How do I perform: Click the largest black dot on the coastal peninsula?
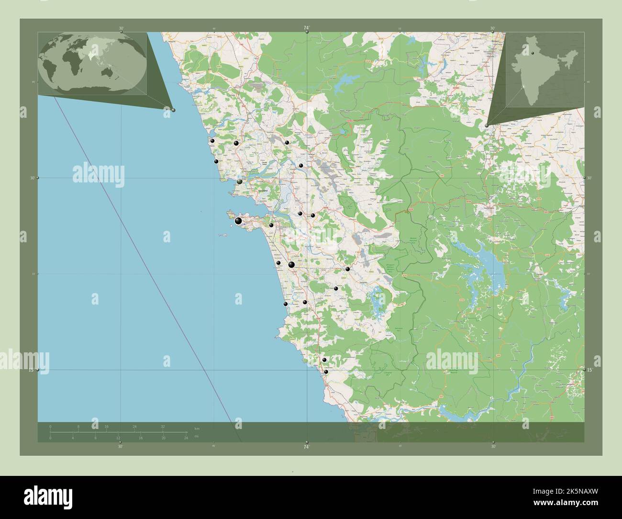[x=238, y=221]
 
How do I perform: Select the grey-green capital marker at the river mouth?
[x=240, y=181]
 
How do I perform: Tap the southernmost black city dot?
[x=326, y=372]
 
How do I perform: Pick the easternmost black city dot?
[x=348, y=269]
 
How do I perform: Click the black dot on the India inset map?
[x=532, y=53]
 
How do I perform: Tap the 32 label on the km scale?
[x=163, y=426]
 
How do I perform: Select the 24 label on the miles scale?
[x=186, y=438]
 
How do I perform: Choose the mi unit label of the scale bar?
[x=197, y=436]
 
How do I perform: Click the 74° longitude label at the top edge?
[x=306, y=29]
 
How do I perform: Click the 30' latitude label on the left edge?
[x=33, y=178]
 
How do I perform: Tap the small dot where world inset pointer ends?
[x=173, y=110]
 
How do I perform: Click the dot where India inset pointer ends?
[x=487, y=125]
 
